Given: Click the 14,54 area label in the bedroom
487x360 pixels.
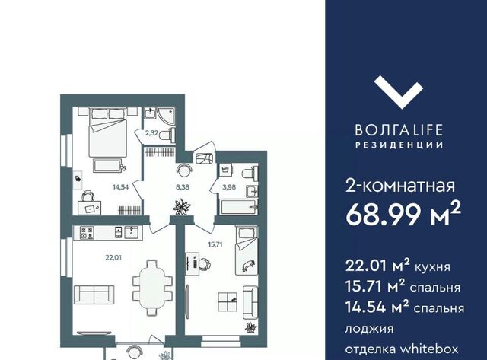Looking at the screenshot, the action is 120,187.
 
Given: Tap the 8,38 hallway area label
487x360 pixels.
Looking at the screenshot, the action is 183,187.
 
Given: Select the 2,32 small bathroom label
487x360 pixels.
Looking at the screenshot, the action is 152,133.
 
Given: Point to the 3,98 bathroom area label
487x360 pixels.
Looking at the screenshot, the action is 229,187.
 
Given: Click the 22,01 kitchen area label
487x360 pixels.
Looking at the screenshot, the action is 113,257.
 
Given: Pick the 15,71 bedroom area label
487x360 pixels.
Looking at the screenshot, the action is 215,244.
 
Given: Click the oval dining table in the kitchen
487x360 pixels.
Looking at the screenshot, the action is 152,288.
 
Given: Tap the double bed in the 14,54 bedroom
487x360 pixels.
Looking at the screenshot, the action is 108,132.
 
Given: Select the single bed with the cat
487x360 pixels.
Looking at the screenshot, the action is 247,250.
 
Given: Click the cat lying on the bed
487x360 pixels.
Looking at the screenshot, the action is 249,265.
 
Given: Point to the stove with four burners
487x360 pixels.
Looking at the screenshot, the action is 87,233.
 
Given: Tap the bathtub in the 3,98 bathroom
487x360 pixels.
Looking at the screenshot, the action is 239,207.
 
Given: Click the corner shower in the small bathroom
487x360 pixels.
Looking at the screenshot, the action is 167,116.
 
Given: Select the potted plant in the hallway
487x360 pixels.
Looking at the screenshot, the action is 182,207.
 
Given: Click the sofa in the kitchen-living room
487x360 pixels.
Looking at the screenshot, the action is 94,295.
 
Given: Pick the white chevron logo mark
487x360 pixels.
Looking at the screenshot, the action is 399,93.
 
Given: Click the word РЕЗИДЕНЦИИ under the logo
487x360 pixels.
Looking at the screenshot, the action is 399,145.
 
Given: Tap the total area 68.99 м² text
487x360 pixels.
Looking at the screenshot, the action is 403,214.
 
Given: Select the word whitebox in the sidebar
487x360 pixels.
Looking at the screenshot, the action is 429,349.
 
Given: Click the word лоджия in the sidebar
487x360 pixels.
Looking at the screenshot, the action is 369,329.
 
